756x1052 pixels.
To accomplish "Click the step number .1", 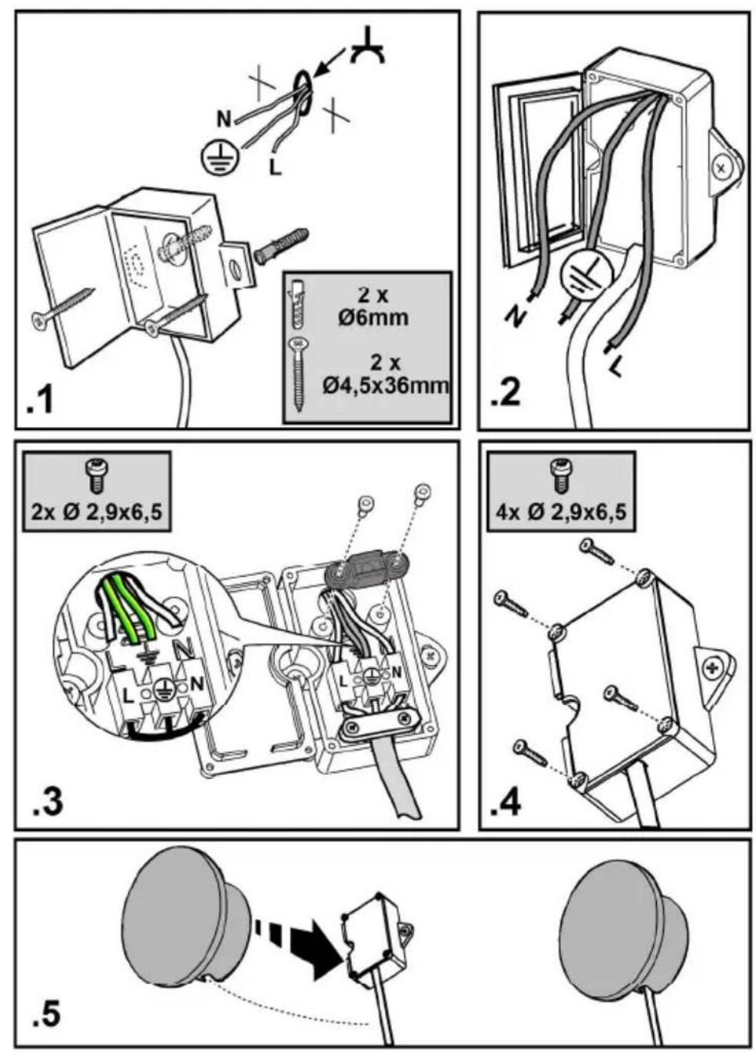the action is (x=41, y=403).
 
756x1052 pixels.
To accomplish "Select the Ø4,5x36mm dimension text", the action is (x=385, y=386).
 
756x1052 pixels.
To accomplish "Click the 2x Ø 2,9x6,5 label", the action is (x=96, y=512).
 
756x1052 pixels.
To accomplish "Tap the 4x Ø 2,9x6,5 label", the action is (x=561, y=512).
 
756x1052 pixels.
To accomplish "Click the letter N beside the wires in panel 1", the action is (x=224, y=120).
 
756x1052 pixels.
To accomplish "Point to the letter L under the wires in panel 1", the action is (x=276, y=167).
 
